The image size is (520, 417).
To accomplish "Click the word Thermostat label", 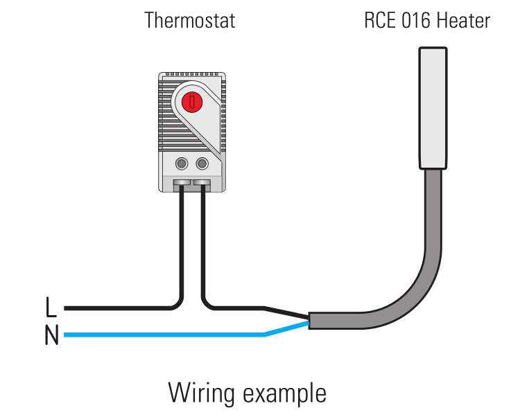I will pos(189,20).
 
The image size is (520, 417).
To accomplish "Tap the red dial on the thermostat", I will pos(192,103).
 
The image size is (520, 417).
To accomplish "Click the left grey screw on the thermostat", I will pos(182,163).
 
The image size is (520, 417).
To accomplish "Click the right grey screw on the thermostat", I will pos(202,163).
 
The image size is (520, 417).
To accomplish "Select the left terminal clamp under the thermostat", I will pos(182,185).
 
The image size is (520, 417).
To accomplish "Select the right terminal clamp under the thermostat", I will pos(202,185).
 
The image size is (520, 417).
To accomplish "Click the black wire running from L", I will pos(118,307).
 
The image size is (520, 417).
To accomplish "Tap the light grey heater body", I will pos(433,107).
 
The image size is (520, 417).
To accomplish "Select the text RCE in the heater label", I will pos(381,20).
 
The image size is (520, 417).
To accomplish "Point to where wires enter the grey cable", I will pos(309,321).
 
